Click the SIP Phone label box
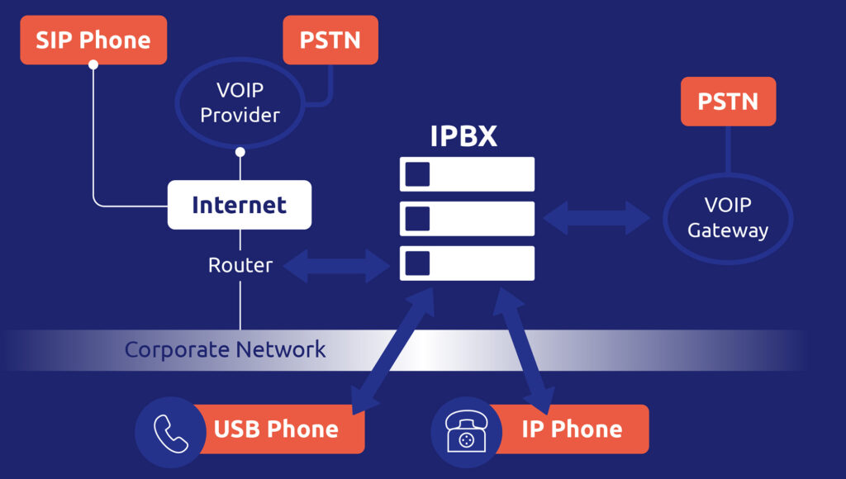(93, 40)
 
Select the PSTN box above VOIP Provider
(330, 40)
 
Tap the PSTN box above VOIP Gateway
(728, 102)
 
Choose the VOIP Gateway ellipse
(728, 218)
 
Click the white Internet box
(240, 205)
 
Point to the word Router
(240, 265)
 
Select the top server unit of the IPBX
(468, 174)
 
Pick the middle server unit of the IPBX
(468, 219)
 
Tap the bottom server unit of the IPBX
(468, 263)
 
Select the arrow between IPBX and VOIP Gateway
(596, 218)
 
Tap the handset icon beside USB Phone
(170, 429)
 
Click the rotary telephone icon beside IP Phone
(464, 429)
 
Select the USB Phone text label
(276, 429)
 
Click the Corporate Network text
(226, 349)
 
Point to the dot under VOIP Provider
(240, 152)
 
